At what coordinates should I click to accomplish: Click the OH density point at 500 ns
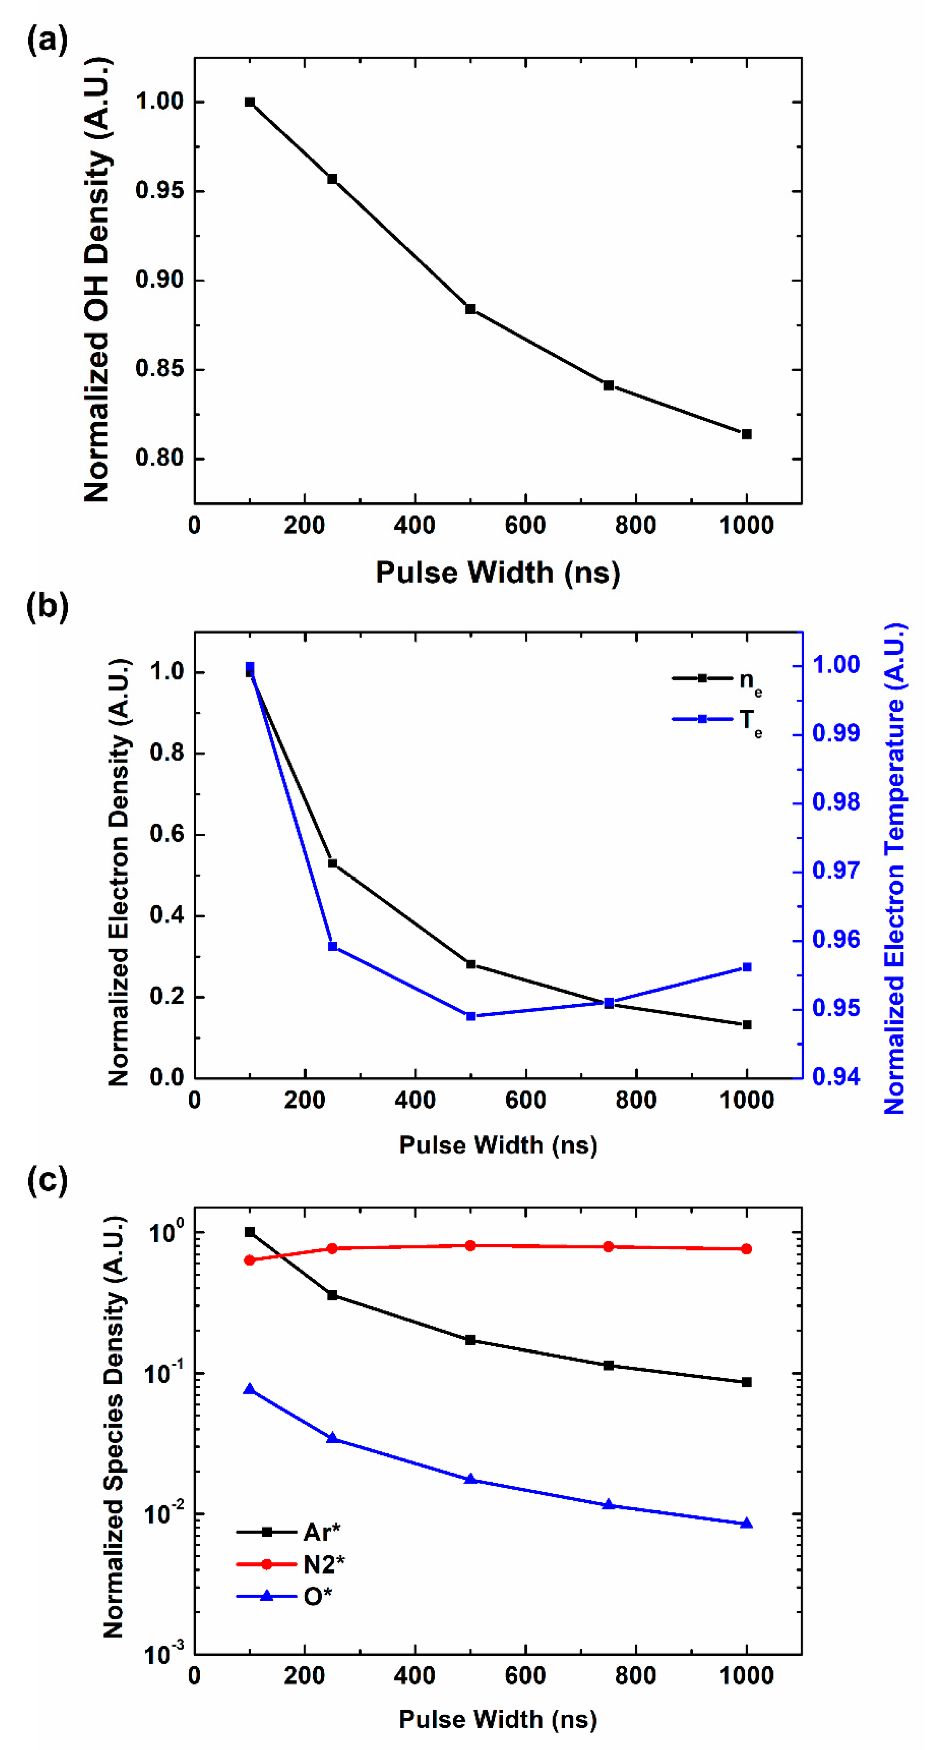coord(470,309)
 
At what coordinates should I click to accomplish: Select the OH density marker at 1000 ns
coord(746,434)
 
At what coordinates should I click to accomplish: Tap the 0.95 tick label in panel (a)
coord(160,191)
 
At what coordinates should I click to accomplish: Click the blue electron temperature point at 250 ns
coord(333,946)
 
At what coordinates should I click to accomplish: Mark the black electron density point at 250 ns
coord(333,863)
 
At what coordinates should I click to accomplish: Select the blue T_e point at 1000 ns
coord(746,967)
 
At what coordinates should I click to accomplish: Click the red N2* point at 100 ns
coord(249,1260)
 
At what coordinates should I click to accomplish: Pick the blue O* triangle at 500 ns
coord(470,1479)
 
